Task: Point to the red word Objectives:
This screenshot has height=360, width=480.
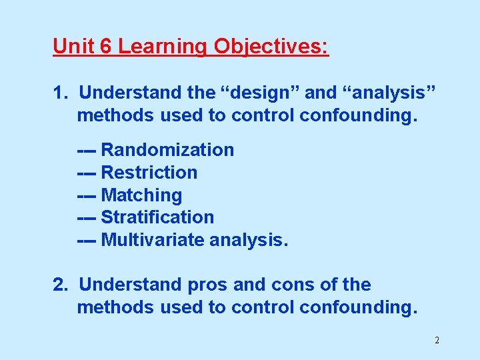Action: point(271,47)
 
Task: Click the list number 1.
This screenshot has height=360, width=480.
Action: point(60,92)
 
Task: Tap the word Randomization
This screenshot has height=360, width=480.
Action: point(167,150)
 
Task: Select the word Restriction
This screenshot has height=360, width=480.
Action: point(149,173)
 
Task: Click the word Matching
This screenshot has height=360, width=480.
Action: point(141,195)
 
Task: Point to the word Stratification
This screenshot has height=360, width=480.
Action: point(157,217)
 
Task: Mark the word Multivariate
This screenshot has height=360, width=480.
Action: point(153,240)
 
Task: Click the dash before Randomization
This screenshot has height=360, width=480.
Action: point(87,151)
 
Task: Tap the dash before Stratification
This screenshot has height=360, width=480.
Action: point(87,218)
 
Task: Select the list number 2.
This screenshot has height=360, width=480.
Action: point(61,285)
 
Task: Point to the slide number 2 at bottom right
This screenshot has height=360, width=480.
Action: point(437,341)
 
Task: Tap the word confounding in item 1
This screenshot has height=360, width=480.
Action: point(358,115)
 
